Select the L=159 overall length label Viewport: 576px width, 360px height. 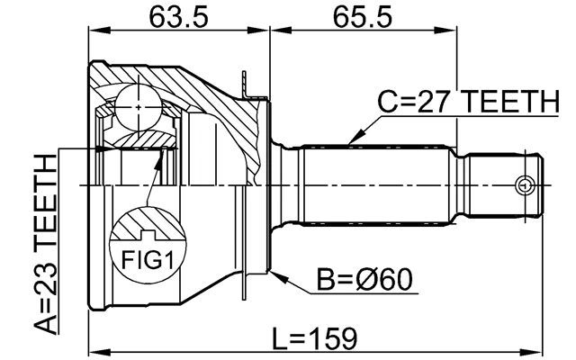[x=316, y=337]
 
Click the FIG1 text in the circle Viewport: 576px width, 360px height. [x=146, y=261]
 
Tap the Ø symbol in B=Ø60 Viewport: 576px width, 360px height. [x=377, y=281]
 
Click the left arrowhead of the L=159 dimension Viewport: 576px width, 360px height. [x=93, y=346]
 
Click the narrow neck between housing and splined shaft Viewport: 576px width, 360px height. [x=285, y=185]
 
